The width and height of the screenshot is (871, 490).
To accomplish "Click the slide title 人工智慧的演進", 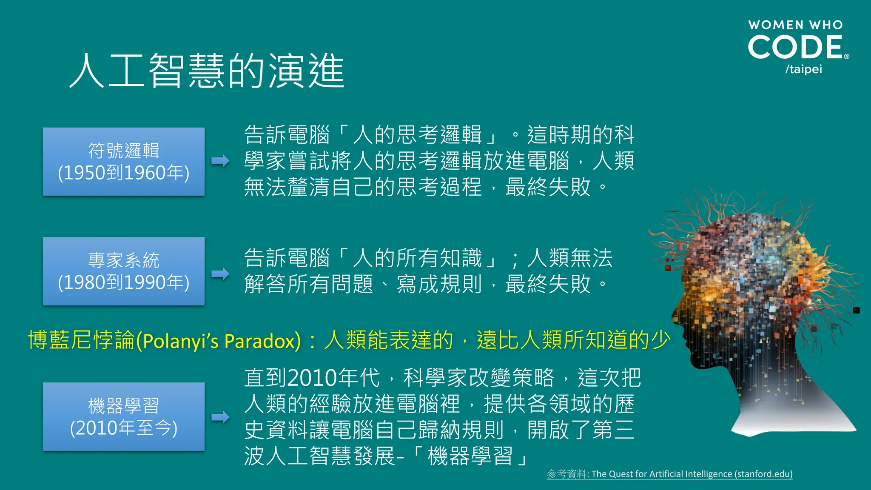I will click(x=207, y=71).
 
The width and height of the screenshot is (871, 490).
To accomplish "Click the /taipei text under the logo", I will click(x=803, y=69).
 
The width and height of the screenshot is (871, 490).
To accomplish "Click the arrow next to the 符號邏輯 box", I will click(x=220, y=161).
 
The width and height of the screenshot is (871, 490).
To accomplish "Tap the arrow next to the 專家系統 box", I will click(x=220, y=273).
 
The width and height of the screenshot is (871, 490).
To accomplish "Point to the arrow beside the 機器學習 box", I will click(x=220, y=417).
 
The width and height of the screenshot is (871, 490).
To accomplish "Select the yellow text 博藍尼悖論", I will click(x=81, y=340).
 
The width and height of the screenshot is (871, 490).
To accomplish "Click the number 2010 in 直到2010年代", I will click(x=312, y=378).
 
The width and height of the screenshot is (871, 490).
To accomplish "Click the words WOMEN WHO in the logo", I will click(x=795, y=25).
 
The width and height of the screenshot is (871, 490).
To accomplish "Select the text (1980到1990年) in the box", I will click(x=123, y=283).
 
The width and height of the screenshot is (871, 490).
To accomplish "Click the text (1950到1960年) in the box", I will click(x=123, y=173).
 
